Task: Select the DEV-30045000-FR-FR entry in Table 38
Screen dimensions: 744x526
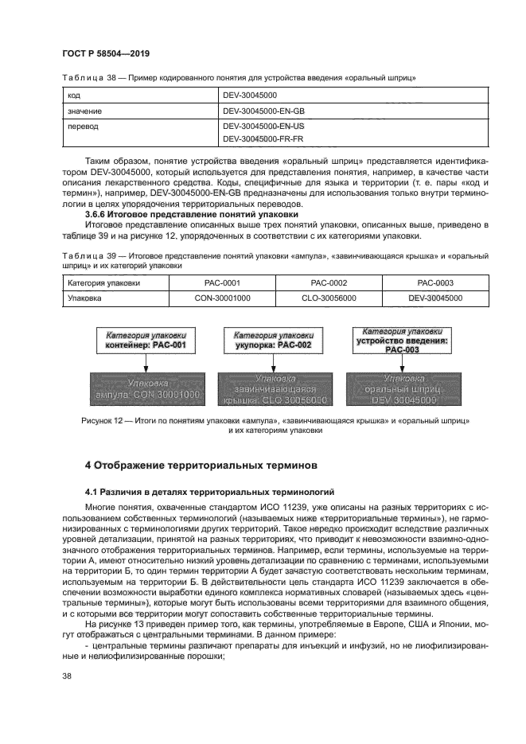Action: pos(263,138)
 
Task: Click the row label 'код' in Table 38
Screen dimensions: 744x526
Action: pos(74,95)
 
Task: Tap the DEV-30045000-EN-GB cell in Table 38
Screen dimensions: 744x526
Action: pos(264,111)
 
